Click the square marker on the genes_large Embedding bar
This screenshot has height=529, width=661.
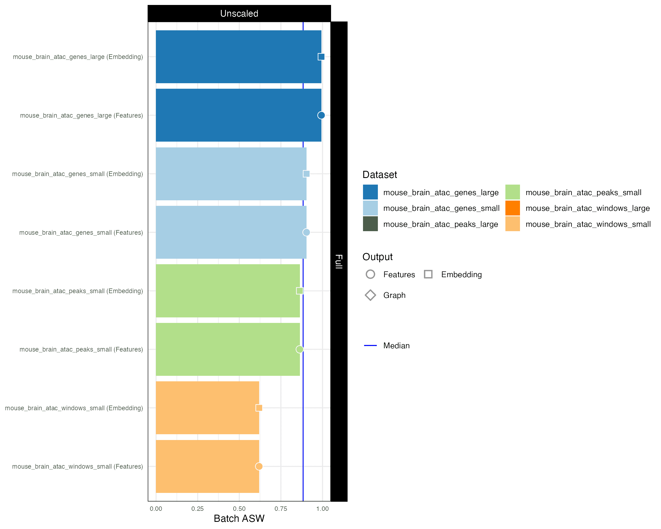click(x=321, y=57)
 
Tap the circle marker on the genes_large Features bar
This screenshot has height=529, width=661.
click(x=321, y=115)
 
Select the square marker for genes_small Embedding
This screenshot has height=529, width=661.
click(x=306, y=174)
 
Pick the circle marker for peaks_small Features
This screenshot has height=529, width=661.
click(x=300, y=349)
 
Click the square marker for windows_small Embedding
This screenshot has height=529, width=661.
click(x=259, y=408)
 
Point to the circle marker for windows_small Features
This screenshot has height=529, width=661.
click(x=259, y=466)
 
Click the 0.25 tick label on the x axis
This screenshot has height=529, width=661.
click(x=197, y=509)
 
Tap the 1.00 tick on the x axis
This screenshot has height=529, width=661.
click(x=323, y=509)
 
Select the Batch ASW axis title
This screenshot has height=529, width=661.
click(x=239, y=519)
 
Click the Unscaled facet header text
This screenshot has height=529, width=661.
click(x=239, y=14)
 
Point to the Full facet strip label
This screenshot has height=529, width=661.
click(x=339, y=261)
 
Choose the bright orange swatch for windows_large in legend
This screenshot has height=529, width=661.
click(x=513, y=208)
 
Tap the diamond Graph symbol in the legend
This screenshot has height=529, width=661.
click(x=370, y=295)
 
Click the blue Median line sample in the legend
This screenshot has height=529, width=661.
click(x=370, y=346)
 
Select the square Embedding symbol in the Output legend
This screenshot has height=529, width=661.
click(x=428, y=274)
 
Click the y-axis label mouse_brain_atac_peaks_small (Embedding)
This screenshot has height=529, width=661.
click(x=78, y=291)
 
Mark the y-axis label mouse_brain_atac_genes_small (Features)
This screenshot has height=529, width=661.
click(x=81, y=233)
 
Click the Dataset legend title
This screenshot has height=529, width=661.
click(x=380, y=175)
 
